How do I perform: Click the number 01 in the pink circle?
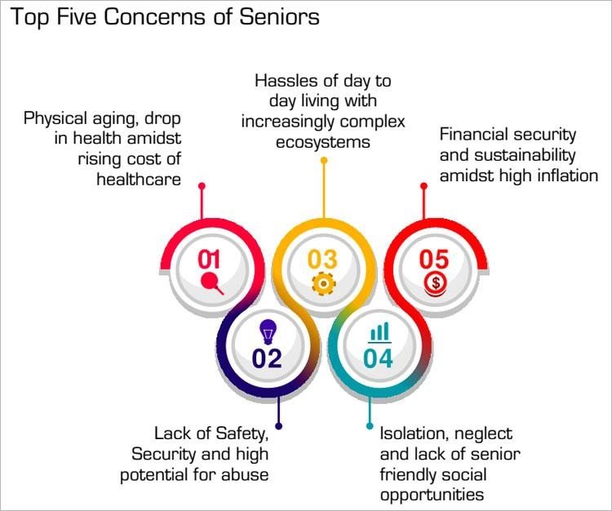coord(209,260)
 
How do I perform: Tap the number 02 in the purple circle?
coord(267,358)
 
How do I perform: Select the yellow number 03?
coord(322,260)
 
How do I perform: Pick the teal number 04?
coord(378,358)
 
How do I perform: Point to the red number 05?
coord(434,260)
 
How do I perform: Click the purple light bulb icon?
coord(268,331)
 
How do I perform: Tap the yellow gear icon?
coord(323,283)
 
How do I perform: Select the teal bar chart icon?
coord(379,332)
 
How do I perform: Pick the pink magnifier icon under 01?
coord(212,283)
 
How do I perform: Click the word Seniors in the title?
coord(279,17)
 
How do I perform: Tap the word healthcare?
coord(139,180)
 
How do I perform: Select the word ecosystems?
coord(323,141)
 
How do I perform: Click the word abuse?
coord(245,475)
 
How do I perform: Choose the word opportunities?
coord(432,495)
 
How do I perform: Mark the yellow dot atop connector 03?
coord(324,161)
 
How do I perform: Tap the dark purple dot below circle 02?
coord(278,426)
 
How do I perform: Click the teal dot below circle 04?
coord(370,426)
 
